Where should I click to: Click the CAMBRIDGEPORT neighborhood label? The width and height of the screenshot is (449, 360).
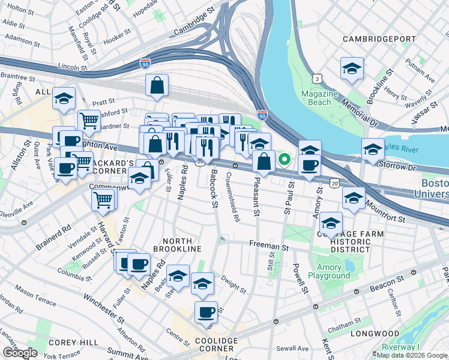pyautogui.click(x=378, y=39)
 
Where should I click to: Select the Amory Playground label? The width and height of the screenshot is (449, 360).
pyautogui.click(x=329, y=271)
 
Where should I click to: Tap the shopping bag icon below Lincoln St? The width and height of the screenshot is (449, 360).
pyautogui.click(x=157, y=86)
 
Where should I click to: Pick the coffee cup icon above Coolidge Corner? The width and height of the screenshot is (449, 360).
pyautogui.click(x=206, y=312)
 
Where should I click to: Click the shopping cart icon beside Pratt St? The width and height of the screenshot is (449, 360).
pyautogui.click(x=89, y=121)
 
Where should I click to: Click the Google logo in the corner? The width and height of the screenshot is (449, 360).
pyautogui.click(x=20, y=352)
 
